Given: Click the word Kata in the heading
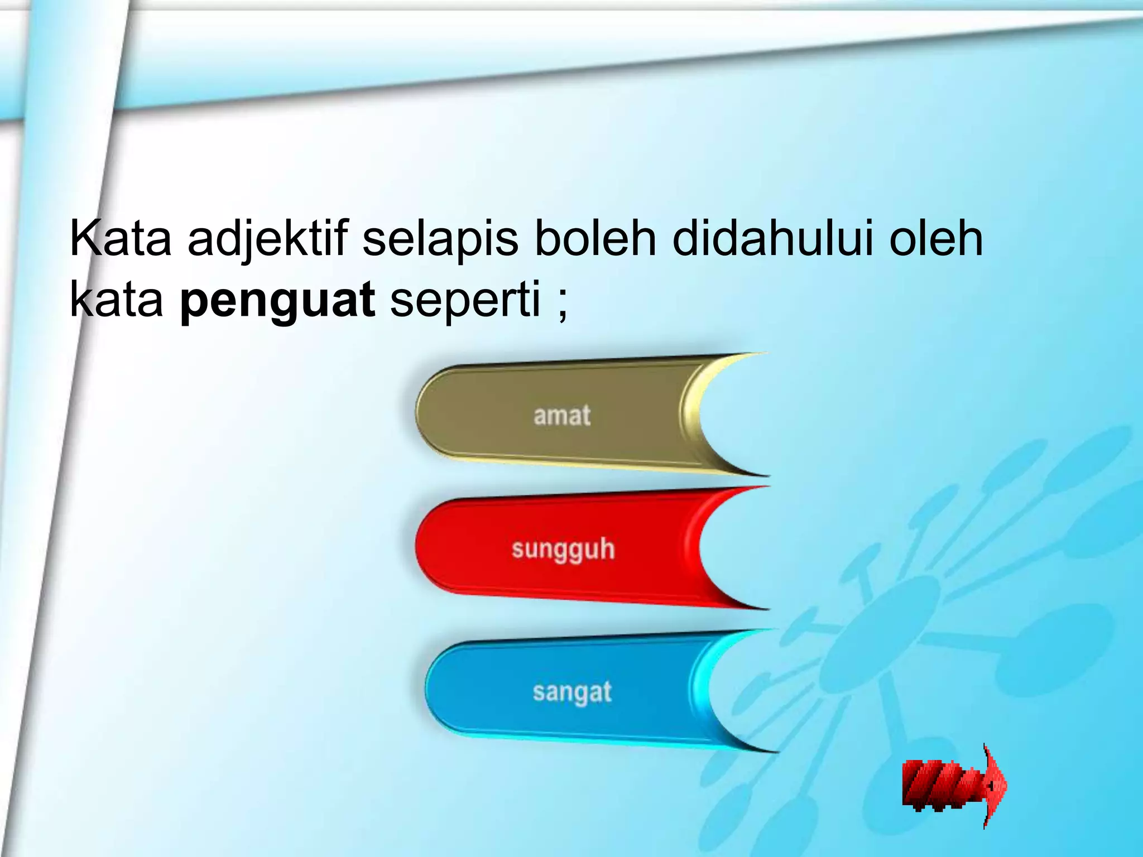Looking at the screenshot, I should click(x=121, y=239).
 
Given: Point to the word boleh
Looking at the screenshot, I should click(x=595, y=239).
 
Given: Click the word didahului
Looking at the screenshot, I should click(x=772, y=239).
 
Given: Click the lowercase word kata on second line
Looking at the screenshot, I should click(x=116, y=300).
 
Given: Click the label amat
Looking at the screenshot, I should click(x=561, y=416).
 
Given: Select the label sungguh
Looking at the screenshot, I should click(x=563, y=549).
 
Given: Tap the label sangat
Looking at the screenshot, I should click(x=572, y=692).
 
